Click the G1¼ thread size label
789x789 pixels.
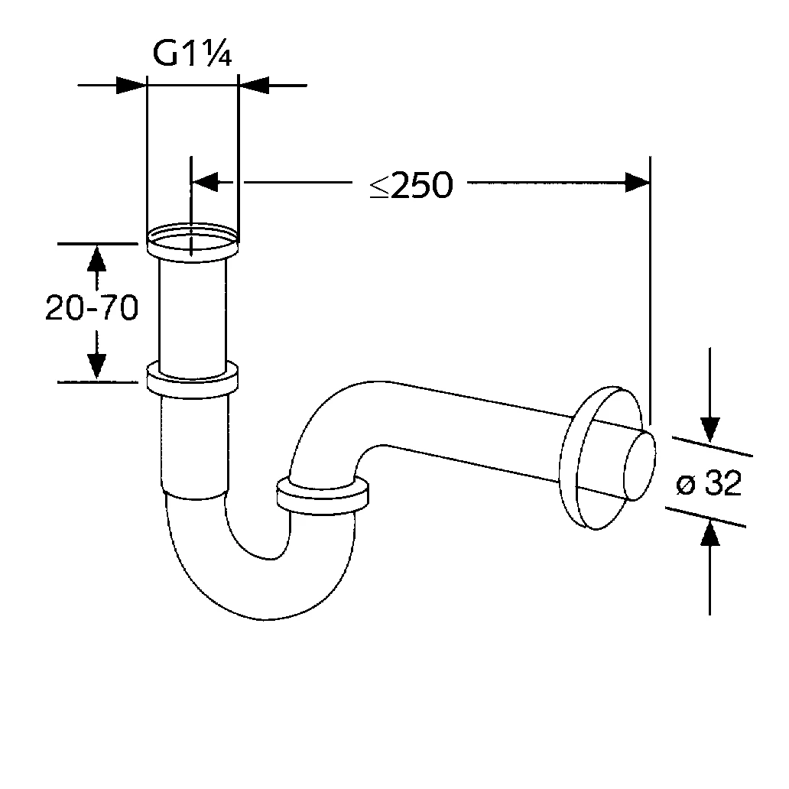(192, 54)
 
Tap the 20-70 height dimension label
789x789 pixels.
(91, 308)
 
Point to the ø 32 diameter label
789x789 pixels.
(709, 484)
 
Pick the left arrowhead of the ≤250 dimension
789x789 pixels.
(205, 182)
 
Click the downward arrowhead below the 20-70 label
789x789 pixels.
(96, 365)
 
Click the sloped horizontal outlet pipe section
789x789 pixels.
(474, 432)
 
